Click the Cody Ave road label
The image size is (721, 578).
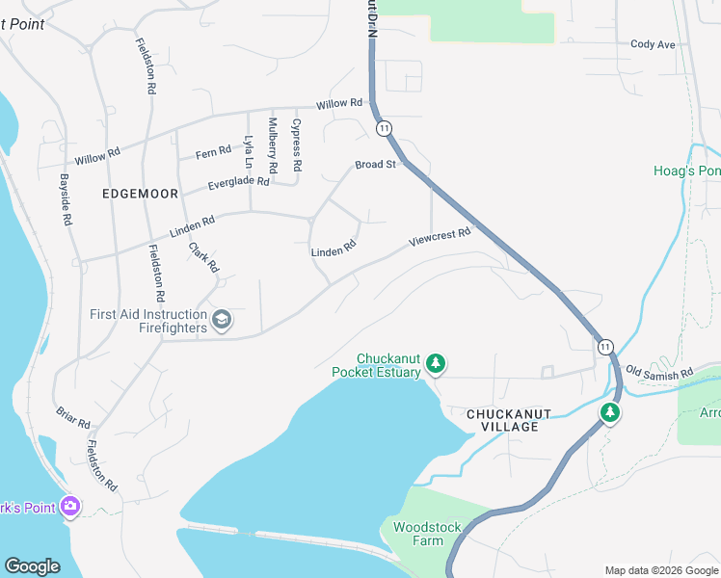point(653,44)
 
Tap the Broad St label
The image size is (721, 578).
point(376,165)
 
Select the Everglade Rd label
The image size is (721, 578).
point(239,182)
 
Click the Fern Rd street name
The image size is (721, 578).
point(213,151)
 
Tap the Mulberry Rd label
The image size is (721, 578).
point(273,145)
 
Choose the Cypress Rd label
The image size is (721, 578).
point(297,145)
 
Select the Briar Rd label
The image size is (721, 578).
point(73,417)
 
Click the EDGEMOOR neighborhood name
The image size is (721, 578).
point(140,194)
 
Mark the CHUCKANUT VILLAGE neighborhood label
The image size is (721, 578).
point(508,420)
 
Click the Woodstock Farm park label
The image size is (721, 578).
point(426,534)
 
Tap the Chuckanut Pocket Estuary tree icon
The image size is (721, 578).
point(437,363)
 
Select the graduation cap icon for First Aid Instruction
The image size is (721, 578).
point(222,320)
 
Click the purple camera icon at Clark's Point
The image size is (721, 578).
point(69,506)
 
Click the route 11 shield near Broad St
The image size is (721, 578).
point(385,128)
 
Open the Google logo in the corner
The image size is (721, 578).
point(32,566)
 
